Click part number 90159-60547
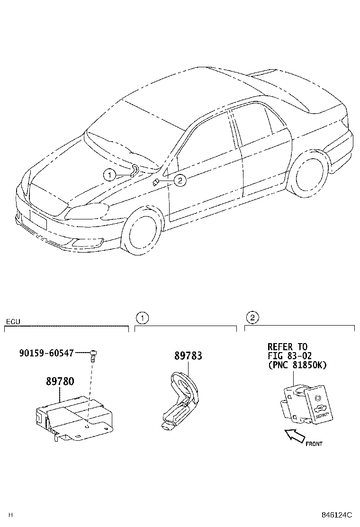click(46, 353)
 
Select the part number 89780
click(60, 381)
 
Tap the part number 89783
click(188, 356)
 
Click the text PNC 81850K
click(297, 365)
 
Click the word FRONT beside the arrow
click(314, 444)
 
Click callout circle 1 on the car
click(109, 175)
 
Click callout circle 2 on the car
click(180, 180)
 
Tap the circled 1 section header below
click(142, 317)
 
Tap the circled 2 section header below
click(252, 317)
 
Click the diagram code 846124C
click(337, 515)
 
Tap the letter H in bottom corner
click(10, 515)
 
